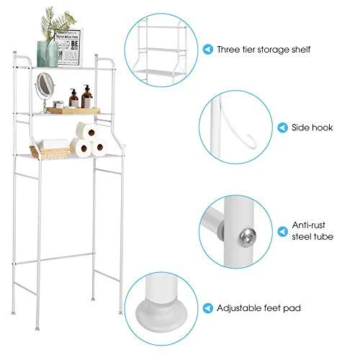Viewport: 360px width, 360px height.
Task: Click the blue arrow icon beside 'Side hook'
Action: pos(283,127)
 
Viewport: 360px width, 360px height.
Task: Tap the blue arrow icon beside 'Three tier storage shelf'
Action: pos(208,50)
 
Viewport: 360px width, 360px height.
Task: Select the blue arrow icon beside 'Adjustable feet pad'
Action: pos(208,308)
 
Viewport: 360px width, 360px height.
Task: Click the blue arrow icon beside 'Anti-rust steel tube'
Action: pos(283,232)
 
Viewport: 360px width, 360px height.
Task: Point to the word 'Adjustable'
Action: pos(239,308)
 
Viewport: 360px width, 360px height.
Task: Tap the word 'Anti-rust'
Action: pos(309,225)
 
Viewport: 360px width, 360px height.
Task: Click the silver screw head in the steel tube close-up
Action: pos(248,237)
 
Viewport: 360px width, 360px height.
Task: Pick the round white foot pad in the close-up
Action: pos(161,315)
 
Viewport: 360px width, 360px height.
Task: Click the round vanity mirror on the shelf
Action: pos(45,84)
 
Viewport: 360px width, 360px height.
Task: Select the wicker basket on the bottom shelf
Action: pos(50,152)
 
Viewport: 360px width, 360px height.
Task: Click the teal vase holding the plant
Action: pos(48,54)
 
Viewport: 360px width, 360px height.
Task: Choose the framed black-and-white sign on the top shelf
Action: pos(68,48)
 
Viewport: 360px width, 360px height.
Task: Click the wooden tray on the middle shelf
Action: pos(73,110)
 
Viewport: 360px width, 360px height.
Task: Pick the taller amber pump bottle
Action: pos(87,96)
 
